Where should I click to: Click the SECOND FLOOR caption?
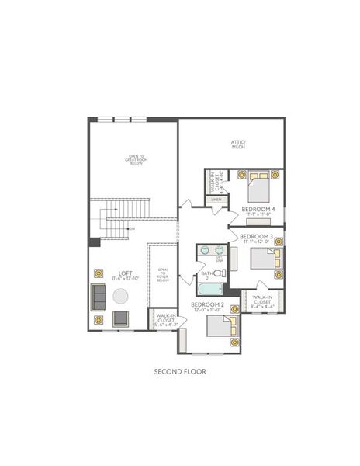coord(180,371)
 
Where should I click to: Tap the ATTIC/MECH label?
coord(238,143)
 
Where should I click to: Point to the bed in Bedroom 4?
coord(259,187)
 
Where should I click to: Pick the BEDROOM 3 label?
coord(255,235)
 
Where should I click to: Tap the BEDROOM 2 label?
coord(207,304)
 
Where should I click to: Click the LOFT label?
coord(123,273)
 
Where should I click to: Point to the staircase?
coord(119,220)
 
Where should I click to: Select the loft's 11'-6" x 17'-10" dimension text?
coord(124,279)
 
